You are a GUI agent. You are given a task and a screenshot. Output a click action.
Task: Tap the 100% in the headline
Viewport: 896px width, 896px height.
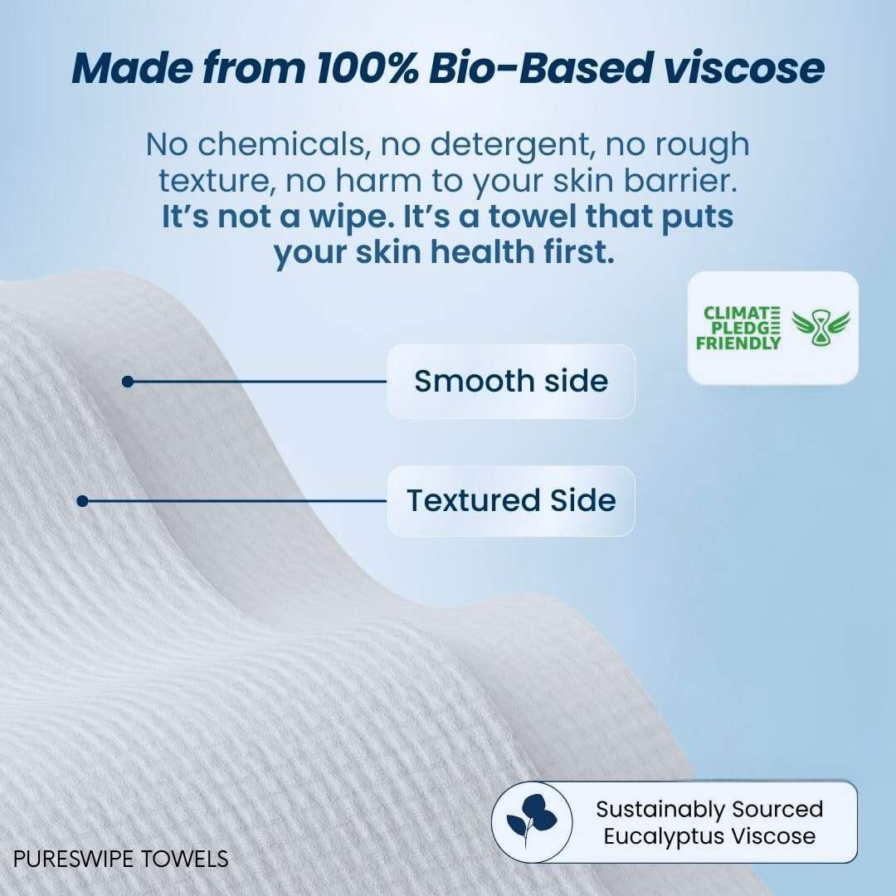click(x=368, y=68)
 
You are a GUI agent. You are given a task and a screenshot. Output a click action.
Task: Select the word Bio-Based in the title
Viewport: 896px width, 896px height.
click(x=541, y=68)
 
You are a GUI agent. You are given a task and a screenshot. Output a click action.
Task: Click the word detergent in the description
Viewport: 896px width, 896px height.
click(x=509, y=144)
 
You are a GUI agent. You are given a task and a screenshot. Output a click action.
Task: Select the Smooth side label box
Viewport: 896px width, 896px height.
click(x=511, y=381)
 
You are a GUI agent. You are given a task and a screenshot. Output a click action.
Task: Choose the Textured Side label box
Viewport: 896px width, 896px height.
click(x=511, y=500)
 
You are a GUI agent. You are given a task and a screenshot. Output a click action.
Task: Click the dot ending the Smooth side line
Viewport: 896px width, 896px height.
click(x=128, y=381)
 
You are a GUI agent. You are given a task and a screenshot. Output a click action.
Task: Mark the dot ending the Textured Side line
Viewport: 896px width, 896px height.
click(x=82, y=501)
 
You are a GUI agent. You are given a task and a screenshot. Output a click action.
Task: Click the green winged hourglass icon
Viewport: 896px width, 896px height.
click(x=821, y=328)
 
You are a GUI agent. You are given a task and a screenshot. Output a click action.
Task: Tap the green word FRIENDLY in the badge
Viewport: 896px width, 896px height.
click(x=738, y=343)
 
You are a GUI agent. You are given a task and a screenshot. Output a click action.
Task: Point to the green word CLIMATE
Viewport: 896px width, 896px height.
click(x=741, y=313)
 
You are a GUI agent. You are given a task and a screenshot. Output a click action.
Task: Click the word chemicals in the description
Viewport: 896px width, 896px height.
click(x=280, y=144)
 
